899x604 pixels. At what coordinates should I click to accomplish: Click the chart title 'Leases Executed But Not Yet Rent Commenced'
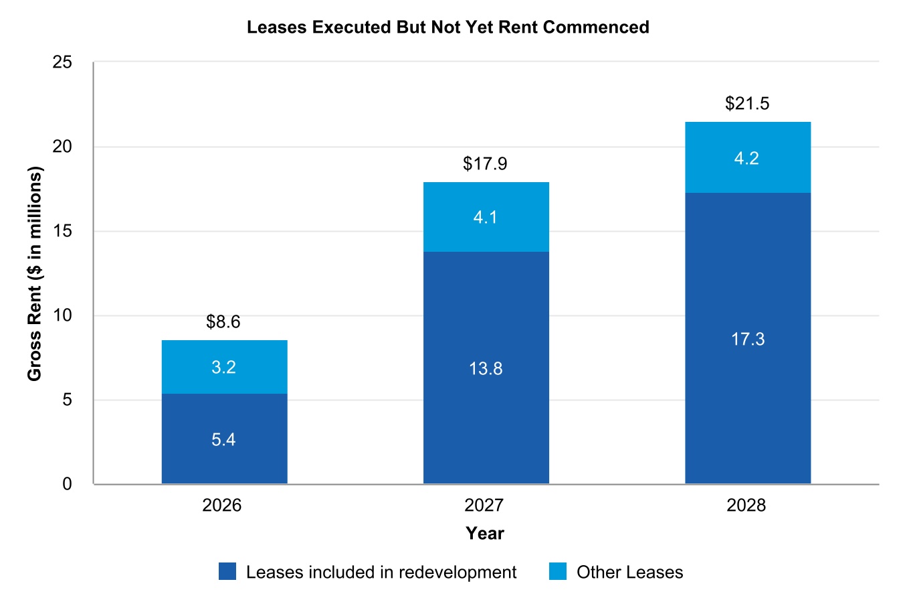447,27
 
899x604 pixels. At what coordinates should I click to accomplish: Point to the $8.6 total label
223,322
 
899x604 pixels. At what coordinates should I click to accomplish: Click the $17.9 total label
485,164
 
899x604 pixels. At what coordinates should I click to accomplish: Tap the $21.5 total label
747,104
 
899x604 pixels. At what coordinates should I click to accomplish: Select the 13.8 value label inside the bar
486,368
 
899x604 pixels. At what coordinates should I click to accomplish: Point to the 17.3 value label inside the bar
747,339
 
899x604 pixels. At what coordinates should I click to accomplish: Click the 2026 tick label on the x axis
222,505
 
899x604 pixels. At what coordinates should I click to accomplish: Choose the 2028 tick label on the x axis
746,505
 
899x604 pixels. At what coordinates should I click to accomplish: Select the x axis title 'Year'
485,533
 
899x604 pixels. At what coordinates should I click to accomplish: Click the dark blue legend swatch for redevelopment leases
227,572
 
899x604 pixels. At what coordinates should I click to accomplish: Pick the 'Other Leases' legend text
629,573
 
